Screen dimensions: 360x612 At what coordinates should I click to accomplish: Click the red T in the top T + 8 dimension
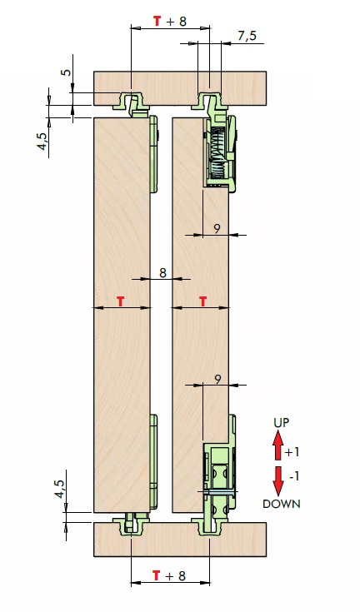[x=157, y=21]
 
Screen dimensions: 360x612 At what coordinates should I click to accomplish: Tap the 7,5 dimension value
[x=247, y=36]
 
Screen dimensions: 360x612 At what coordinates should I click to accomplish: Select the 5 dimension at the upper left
[x=67, y=72]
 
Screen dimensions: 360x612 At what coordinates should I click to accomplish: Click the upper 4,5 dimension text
[x=43, y=141]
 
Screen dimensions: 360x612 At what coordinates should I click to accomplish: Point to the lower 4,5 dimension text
[x=59, y=489]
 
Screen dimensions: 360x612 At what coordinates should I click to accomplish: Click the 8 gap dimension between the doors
[x=162, y=272]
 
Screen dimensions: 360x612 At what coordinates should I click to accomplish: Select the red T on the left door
[x=121, y=301]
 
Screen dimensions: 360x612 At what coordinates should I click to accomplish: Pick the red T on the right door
[x=203, y=301]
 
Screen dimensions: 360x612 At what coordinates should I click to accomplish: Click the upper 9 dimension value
[x=217, y=228]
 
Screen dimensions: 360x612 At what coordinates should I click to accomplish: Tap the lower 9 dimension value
[x=218, y=379]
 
